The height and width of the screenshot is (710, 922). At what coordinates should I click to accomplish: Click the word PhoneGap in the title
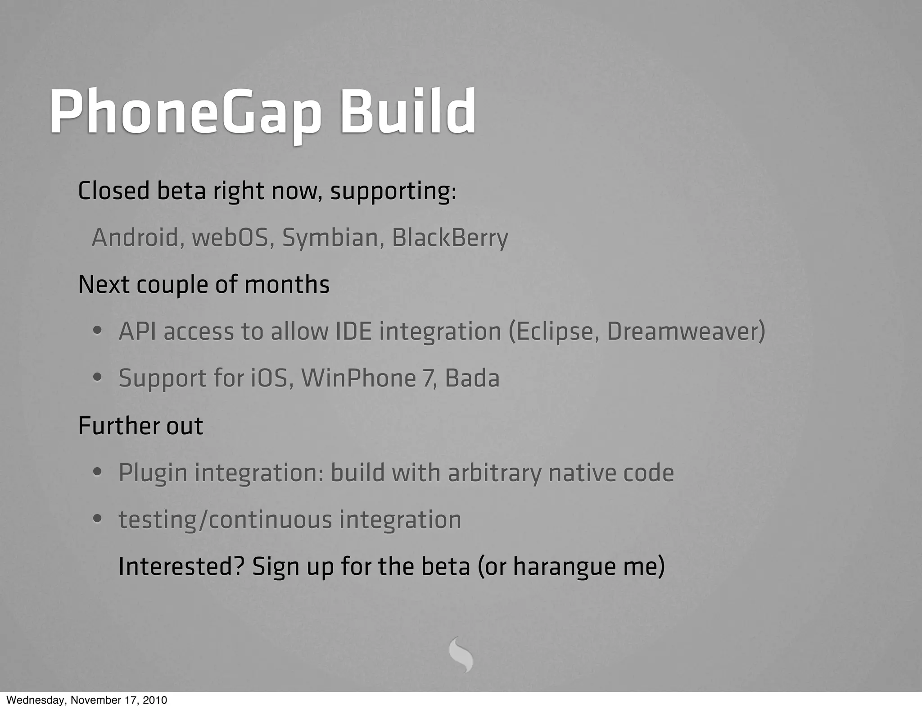(x=185, y=113)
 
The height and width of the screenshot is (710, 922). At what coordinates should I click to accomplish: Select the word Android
(x=135, y=237)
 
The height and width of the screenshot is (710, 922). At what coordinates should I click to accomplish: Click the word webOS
(x=230, y=237)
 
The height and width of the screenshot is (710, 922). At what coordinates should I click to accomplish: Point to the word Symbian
(x=330, y=237)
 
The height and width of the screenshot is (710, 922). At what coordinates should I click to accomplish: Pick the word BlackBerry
(x=450, y=237)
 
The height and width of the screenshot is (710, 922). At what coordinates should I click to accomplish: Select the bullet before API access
(x=97, y=332)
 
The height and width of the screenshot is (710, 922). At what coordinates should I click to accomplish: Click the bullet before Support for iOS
(x=97, y=378)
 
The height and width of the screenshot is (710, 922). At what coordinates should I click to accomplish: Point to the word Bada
(x=472, y=378)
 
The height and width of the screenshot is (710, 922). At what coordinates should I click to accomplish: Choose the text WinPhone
(x=358, y=378)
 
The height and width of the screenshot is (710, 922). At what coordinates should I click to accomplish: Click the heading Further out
(x=140, y=426)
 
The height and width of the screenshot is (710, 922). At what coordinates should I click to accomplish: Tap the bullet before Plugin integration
(x=97, y=473)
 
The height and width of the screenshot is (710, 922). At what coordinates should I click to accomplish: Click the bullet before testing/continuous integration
(x=97, y=519)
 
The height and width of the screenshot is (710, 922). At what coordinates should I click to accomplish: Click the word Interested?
(x=181, y=567)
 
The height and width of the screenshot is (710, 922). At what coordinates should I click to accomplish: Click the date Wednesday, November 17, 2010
(x=86, y=700)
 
